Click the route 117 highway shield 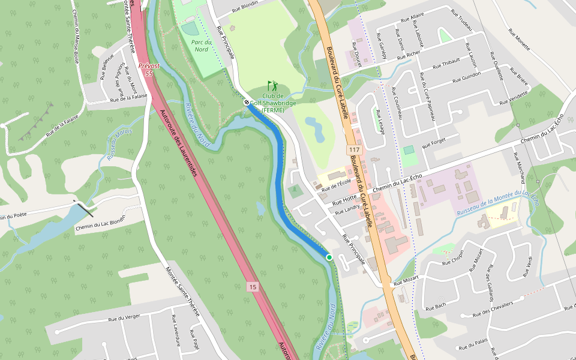coord(354,149)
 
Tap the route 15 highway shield coord(253,287)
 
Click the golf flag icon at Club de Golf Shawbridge coord(272,85)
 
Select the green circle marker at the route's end coord(329,257)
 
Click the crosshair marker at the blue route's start coord(247,103)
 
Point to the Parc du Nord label coord(201,46)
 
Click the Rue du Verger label coord(124,318)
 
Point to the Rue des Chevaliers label coord(493,308)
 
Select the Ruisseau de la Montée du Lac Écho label coord(497,203)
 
